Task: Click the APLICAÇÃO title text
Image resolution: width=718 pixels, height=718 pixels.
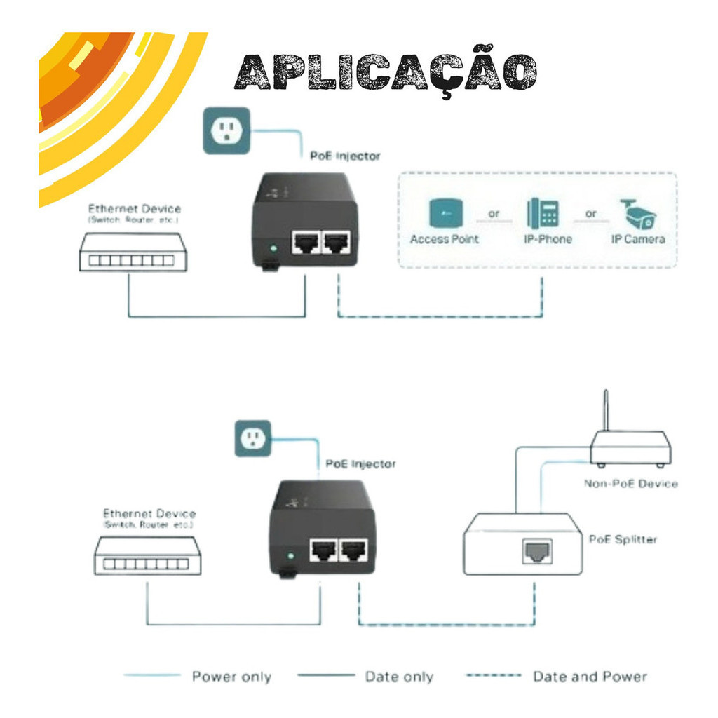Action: (386, 73)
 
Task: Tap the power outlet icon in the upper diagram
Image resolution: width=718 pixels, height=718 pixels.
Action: (226, 130)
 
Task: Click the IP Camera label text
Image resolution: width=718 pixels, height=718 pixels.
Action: (637, 239)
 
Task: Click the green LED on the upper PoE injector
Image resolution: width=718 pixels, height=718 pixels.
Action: (272, 248)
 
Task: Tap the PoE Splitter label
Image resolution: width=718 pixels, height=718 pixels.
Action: (623, 539)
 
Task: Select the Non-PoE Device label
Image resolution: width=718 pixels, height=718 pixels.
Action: (630, 484)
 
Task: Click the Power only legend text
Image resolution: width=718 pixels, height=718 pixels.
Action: (231, 677)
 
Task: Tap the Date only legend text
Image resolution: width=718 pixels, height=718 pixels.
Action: (399, 677)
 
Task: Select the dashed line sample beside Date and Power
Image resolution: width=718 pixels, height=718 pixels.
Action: (494, 676)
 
